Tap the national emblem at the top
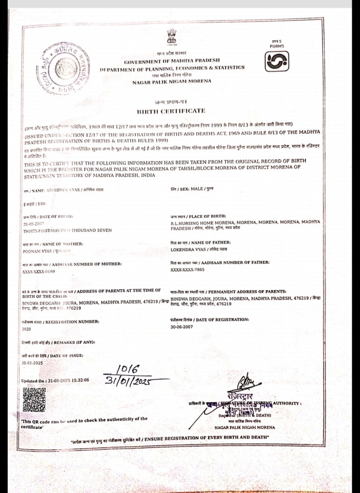pos(171,38)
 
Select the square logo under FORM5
pos(276,61)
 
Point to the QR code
pos(34,399)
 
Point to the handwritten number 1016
pos(128,369)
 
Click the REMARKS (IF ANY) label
pos(58,342)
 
